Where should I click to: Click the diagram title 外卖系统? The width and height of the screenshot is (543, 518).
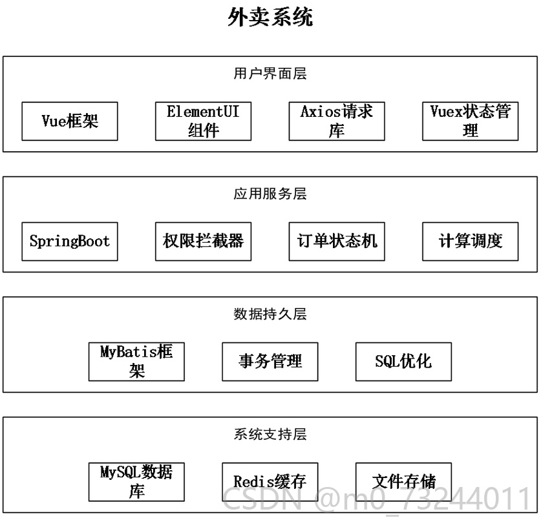pos(270,17)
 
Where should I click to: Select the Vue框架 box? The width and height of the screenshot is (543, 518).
pos(70,121)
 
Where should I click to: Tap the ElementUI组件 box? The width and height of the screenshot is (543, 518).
pos(203,121)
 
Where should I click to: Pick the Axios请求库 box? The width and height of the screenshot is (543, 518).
pos(337,121)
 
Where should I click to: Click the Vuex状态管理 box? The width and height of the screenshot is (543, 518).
pos(471,121)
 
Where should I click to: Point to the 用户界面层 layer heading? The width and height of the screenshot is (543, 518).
pos(270,74)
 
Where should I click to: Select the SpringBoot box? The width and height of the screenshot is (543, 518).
pos(70,242)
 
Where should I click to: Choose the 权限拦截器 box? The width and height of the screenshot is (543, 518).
pos(203,242)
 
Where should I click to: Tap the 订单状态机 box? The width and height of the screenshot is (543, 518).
pos(337,242)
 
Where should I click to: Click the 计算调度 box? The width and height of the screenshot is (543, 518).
pos(471,242)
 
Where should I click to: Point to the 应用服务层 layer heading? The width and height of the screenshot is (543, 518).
pos(270,194)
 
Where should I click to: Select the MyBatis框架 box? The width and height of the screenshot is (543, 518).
pos(136,362)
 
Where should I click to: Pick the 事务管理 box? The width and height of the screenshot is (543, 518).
pos(270,362)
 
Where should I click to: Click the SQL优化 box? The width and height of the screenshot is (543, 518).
pos(404,362)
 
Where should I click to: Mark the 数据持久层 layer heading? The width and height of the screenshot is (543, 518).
pos(270,314)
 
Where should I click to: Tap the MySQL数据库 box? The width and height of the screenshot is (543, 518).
pos(136,482)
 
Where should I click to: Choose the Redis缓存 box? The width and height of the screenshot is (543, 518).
pos(270,482)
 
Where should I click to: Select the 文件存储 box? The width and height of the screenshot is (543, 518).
pos(404,482)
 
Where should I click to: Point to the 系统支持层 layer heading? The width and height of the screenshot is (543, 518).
pos(270,434)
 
